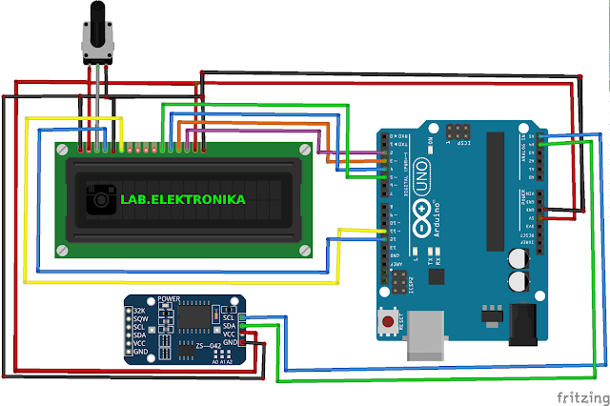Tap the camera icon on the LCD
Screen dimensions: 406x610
tap(99, 199)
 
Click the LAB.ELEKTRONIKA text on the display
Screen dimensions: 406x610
tap(182, 199)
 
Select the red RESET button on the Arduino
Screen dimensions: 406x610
tap(389, 323)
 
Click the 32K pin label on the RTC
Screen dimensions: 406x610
tap(139, 311)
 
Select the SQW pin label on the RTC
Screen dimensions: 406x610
tap(140, 319)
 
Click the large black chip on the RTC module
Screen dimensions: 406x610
tap(200, 315)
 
